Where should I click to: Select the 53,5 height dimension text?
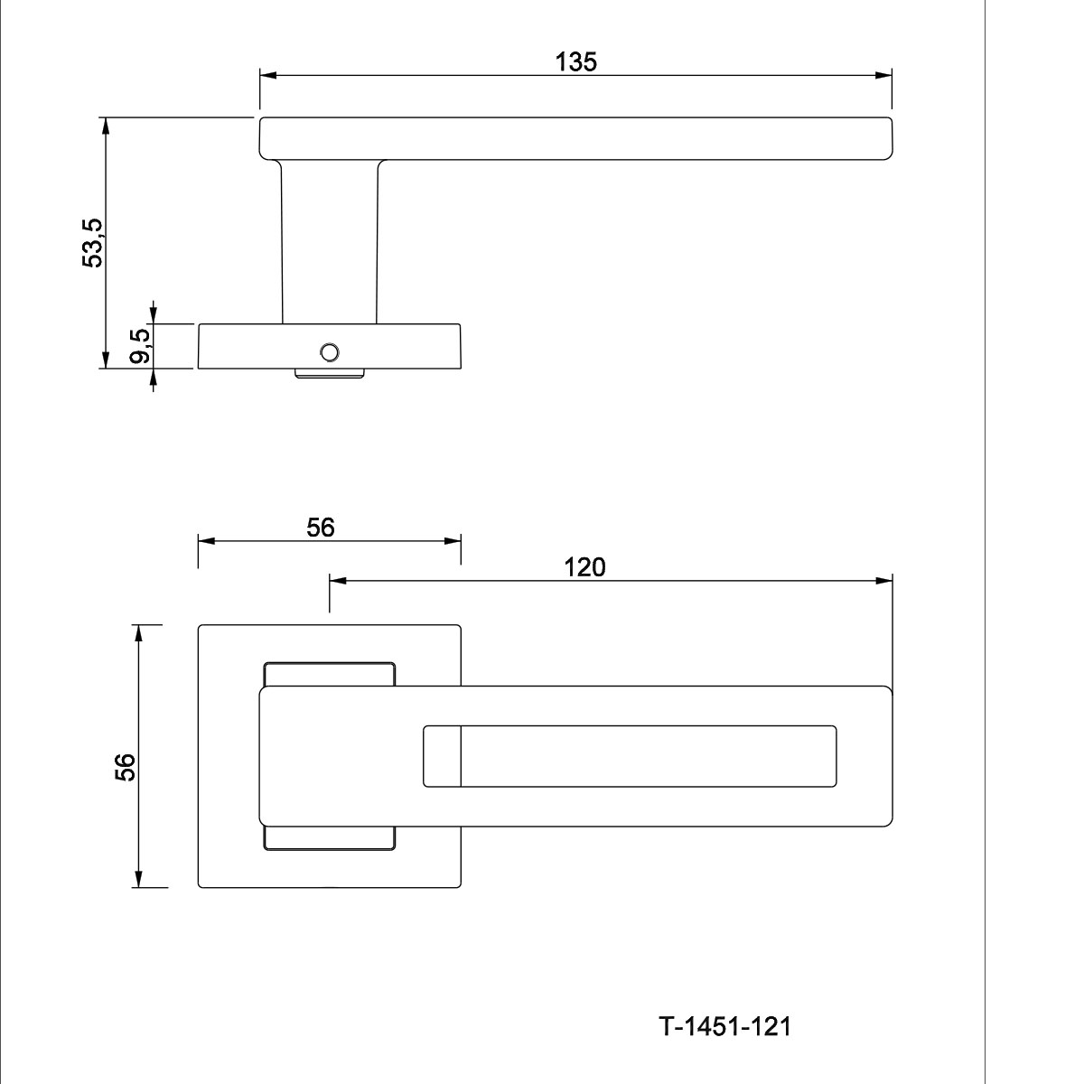93,242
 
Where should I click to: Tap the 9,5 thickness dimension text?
140,345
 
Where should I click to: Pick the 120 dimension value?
584,567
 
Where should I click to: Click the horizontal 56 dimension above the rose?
320,527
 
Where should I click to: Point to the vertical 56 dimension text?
125,767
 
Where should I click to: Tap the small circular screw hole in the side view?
329,352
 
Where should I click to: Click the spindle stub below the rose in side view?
329,373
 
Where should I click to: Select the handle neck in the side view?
330,242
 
